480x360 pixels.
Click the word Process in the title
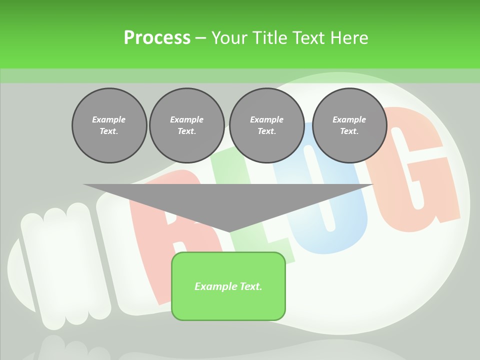tap(157, 38)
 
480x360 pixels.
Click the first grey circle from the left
tap(109, 125)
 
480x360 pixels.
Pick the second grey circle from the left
tap(187, 125)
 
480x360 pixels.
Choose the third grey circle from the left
tap(266, 125)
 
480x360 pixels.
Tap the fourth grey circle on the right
tap(349, 125)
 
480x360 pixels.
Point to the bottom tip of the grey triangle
tap(228, 231)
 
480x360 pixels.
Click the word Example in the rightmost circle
tap(349, 119)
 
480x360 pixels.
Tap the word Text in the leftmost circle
tap(109, 131)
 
